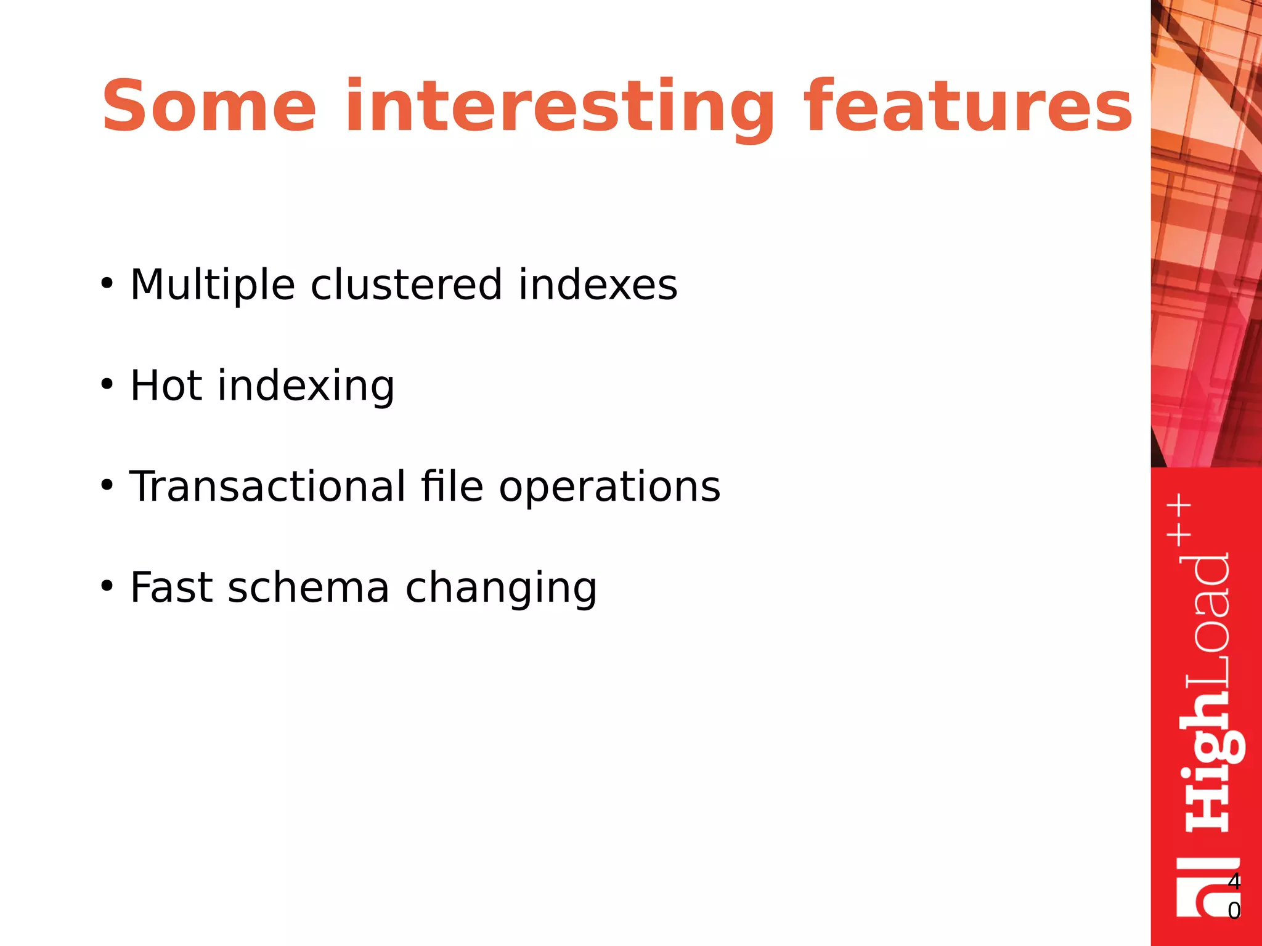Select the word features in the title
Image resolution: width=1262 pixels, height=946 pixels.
968,106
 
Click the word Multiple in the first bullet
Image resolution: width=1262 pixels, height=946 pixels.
213,285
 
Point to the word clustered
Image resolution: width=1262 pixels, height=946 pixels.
406,285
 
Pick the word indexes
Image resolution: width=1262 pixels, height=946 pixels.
597,285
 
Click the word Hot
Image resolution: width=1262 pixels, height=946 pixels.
166,386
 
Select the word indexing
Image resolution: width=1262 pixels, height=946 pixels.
306,387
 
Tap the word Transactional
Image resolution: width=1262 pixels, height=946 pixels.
267,487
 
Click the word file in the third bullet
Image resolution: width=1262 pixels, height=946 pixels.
452,487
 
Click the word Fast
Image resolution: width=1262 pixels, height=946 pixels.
171,588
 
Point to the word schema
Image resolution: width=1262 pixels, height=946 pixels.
309,588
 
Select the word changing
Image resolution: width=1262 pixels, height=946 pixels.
501,589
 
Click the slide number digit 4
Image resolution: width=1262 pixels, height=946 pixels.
1234,881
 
